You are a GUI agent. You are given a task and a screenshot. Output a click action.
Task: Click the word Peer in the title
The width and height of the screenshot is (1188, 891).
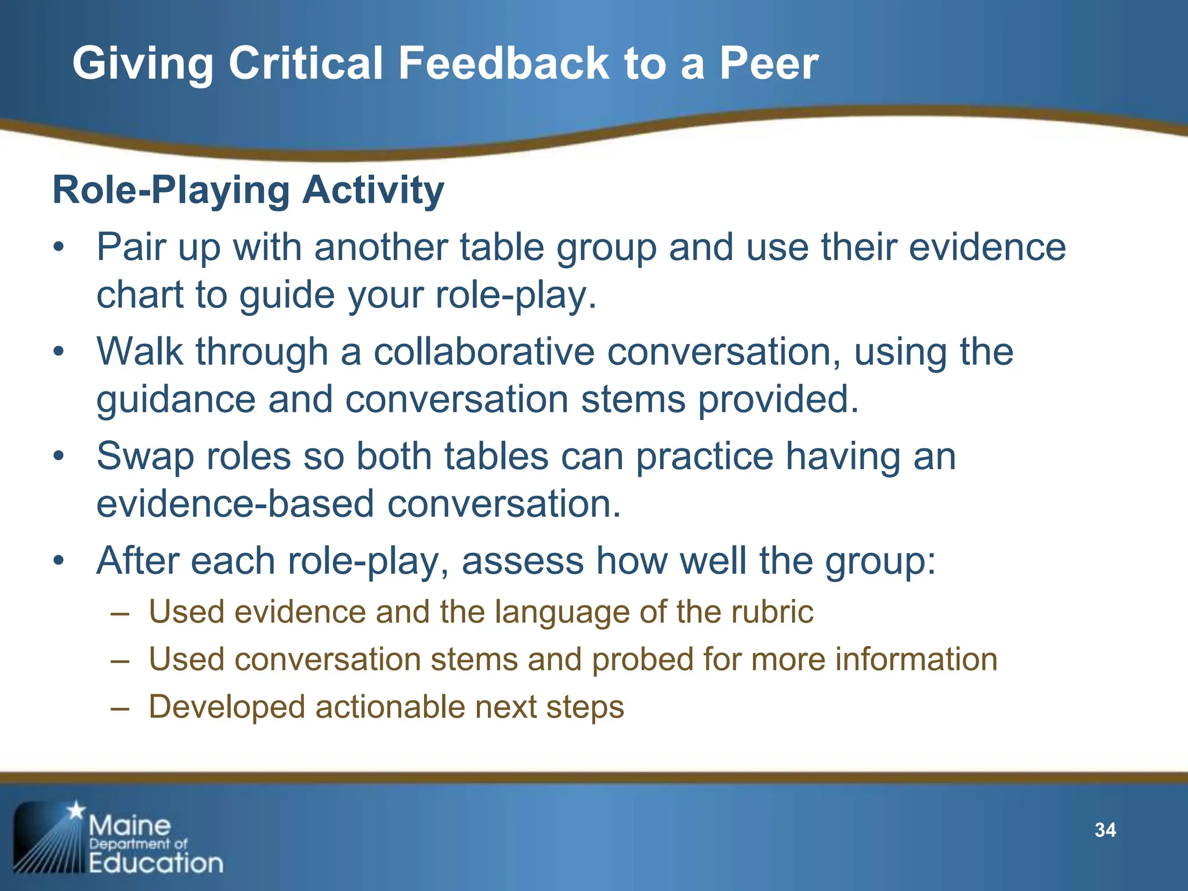[x=769, y=63]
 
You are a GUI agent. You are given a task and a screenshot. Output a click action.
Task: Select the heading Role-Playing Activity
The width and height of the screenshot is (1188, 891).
[x=248, y=190]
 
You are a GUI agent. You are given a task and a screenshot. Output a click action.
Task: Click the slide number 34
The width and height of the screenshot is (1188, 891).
[x=1105, y=830]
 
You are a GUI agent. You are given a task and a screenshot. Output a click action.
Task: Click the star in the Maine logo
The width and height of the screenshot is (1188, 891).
[x=76, y=810]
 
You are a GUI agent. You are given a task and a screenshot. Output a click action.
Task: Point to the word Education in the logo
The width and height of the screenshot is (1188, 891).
[x=155, y=863]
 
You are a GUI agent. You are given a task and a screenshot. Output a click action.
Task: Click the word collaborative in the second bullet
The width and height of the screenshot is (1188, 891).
[x=484, y=352]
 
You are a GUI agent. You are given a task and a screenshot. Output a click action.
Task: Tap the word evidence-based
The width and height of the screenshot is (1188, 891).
[x=235, y=504]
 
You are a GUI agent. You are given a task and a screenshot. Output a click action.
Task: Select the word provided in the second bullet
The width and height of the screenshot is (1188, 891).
[x=777, y=400]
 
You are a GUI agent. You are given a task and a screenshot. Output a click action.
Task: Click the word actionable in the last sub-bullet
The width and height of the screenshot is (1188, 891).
[x=389, y=707]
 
